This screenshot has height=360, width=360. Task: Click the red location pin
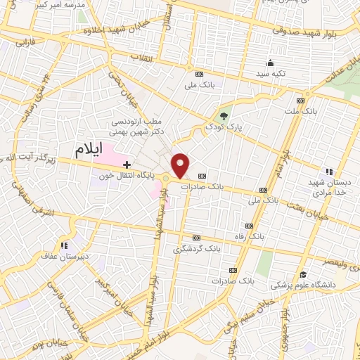pos(181,165)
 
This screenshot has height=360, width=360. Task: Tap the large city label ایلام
pos(88,149)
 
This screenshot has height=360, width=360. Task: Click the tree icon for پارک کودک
pos(224,116)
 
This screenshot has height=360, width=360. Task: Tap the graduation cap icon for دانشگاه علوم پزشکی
pos(303,274)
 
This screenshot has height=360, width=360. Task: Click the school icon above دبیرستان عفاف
pos(64,245)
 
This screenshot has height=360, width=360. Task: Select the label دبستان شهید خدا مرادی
pos(328,186)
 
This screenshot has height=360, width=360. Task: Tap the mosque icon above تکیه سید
pos(272,63)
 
